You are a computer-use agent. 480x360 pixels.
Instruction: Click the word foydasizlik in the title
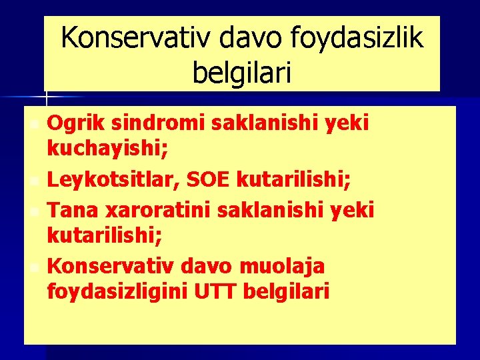(x=357, y=39)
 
